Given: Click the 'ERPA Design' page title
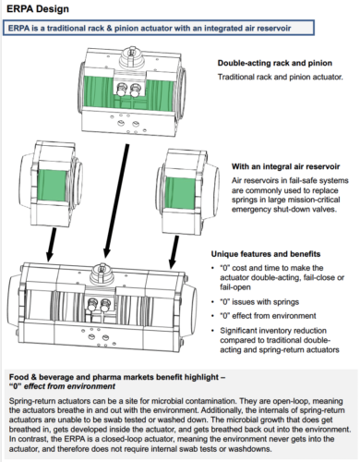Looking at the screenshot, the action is click(38, 9).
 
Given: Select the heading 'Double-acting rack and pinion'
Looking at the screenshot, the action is click(275, 63).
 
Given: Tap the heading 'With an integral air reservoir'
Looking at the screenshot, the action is click(285, 166).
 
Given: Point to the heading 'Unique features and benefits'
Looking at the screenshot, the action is click(266, 254).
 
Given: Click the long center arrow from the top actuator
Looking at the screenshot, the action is click(116, 201).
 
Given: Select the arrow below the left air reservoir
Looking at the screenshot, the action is click(51, 245).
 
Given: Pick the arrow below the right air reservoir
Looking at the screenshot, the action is click(174, 252).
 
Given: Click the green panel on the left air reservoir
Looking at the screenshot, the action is click(52, 186).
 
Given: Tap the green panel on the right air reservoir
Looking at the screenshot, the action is click(180, 193).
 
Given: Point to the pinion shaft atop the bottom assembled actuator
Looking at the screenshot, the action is click(102, 274).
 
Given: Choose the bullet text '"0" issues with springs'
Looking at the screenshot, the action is click(259, 302).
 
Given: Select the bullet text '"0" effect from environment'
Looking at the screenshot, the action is click(268, 316).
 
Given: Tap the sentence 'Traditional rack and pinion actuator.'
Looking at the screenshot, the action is click(281, 77).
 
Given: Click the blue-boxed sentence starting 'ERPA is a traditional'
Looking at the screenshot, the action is click(150, 29).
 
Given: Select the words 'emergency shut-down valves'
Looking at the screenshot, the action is click(283, 210).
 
